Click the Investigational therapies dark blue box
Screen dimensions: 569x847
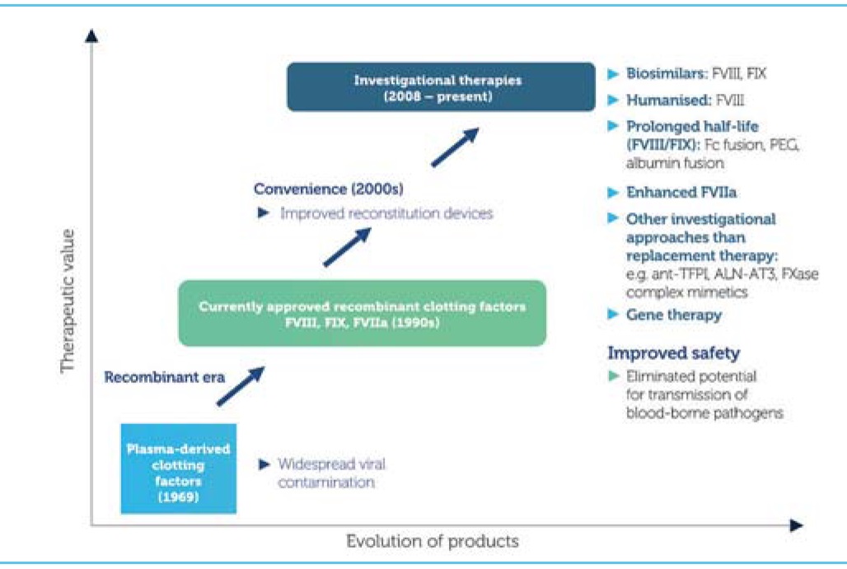441,87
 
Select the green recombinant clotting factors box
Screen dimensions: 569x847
363,314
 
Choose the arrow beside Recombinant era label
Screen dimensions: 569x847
241,385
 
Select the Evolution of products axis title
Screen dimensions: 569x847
433,541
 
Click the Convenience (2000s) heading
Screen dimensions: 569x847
329,190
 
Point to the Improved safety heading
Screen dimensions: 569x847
673,353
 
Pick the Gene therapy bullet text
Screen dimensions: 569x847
674,315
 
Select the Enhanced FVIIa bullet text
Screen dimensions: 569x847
681,192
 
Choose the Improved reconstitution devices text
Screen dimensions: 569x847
386,213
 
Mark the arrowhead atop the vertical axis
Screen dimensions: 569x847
91,35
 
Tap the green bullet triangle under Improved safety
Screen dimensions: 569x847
612,376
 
